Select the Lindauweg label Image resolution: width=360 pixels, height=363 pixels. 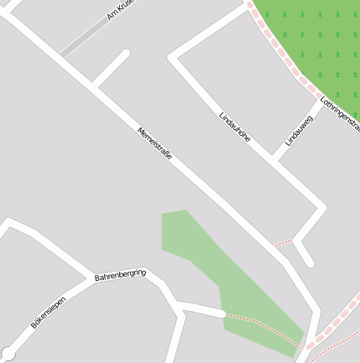pos(299,130)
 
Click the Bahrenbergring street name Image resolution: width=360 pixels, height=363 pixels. pos(120,274)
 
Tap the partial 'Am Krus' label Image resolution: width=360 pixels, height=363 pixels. pos(121,10)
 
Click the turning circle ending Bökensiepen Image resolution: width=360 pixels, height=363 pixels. pos(8,354)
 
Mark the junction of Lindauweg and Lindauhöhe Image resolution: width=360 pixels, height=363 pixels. pos(274,158)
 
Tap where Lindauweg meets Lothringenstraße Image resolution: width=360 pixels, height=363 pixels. pos(320,101)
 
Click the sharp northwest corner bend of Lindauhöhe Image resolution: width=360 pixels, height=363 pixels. pos(174,57)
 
